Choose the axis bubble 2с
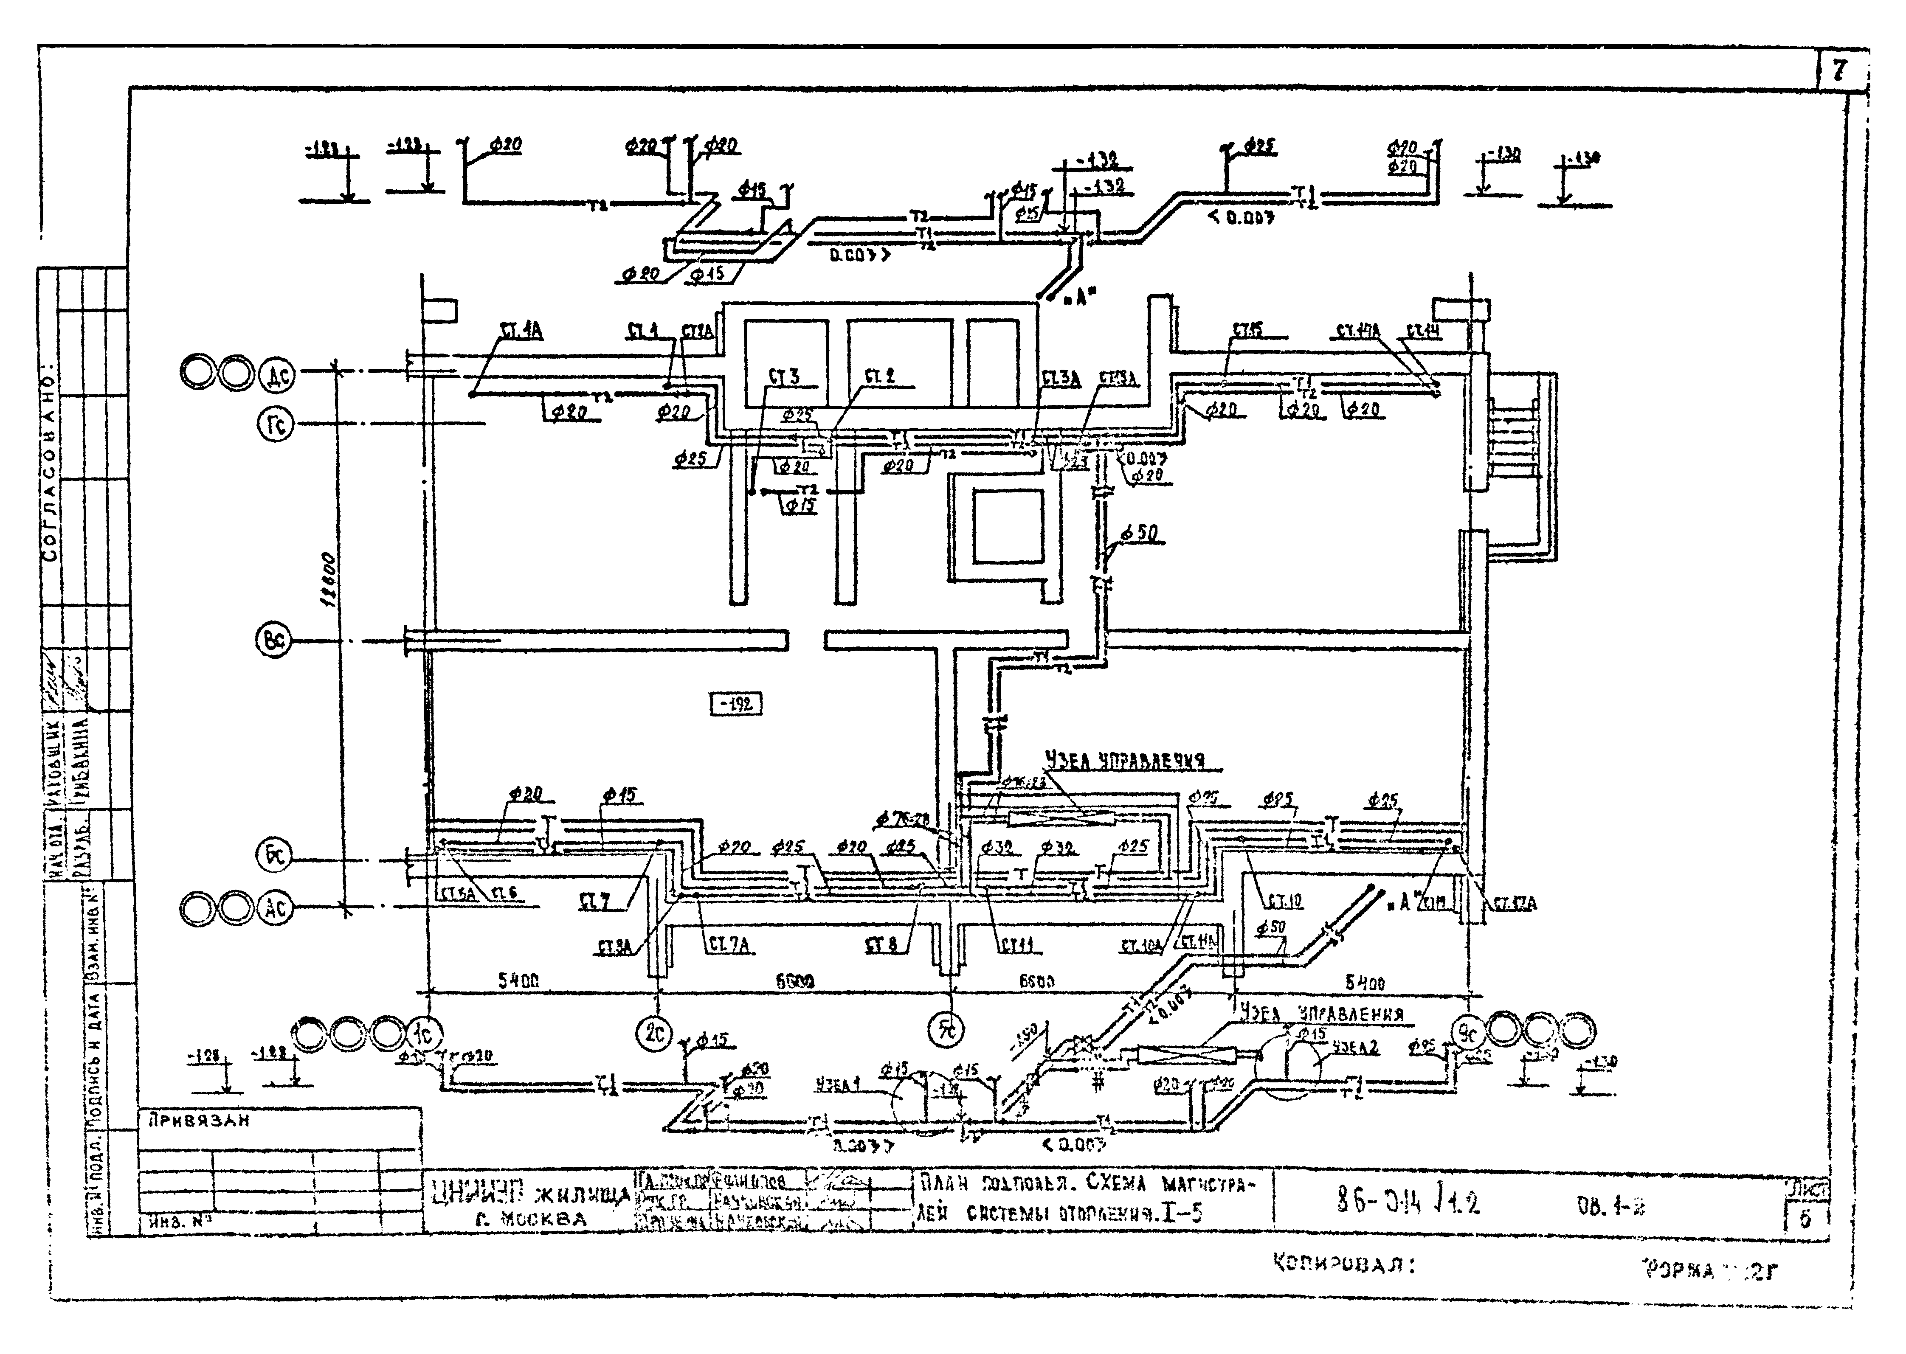pyautogui.click(x=654, y=1034)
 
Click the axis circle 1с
pyautogui.click(x=425, y=1034)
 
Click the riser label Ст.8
pyautogui.click(x=881, y=946)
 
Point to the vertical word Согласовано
pyautogui.click(x=50, y=463)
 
